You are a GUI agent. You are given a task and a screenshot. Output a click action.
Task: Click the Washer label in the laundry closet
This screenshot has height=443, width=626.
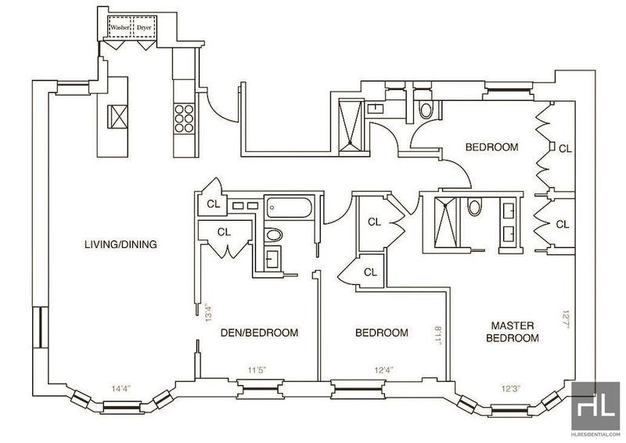click(x=121, y=28)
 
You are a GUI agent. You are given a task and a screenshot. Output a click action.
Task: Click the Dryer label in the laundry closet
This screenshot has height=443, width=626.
click(x=144, y=28)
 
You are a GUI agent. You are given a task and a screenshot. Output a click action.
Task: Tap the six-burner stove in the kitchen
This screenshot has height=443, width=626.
click(x=184, y=118)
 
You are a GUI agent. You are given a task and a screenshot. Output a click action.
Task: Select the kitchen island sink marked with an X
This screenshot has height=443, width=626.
click(x=118, y=117)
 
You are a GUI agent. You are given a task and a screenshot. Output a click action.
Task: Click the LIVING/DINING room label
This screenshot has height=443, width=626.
click(x=121, y=244)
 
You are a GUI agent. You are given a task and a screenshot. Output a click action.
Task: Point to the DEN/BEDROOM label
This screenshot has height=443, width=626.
click(x=260, y=333)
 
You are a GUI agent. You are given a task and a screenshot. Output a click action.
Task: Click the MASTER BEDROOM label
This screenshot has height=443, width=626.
click(x=513, y=332)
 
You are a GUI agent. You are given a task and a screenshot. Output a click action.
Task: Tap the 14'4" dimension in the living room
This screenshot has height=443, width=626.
click(x=122, y=387)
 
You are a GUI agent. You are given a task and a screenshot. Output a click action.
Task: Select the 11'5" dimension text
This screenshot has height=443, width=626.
click(x=257, y=370)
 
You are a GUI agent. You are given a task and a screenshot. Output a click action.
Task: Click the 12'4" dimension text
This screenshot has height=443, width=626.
click(x=384, y=370)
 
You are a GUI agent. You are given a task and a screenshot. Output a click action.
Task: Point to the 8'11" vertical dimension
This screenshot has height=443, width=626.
click(x=438, y=335)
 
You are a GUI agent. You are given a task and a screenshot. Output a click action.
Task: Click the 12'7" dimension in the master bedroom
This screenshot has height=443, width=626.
click(x=565, y=319)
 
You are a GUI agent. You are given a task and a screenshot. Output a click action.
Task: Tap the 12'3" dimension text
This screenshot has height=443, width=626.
click(x=511, y=388)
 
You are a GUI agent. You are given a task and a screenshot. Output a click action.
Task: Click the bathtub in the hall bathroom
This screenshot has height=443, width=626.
click(x=289, y=207)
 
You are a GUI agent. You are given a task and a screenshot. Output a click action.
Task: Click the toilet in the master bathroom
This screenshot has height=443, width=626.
click(x=474, y=207)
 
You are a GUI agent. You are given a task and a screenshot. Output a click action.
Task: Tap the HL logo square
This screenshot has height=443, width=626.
click(x=595, y=406)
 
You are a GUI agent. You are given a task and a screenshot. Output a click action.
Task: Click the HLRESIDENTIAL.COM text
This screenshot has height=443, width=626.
click(x=595, y=434)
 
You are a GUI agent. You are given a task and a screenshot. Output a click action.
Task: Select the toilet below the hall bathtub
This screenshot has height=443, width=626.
click(x=274, y=235)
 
